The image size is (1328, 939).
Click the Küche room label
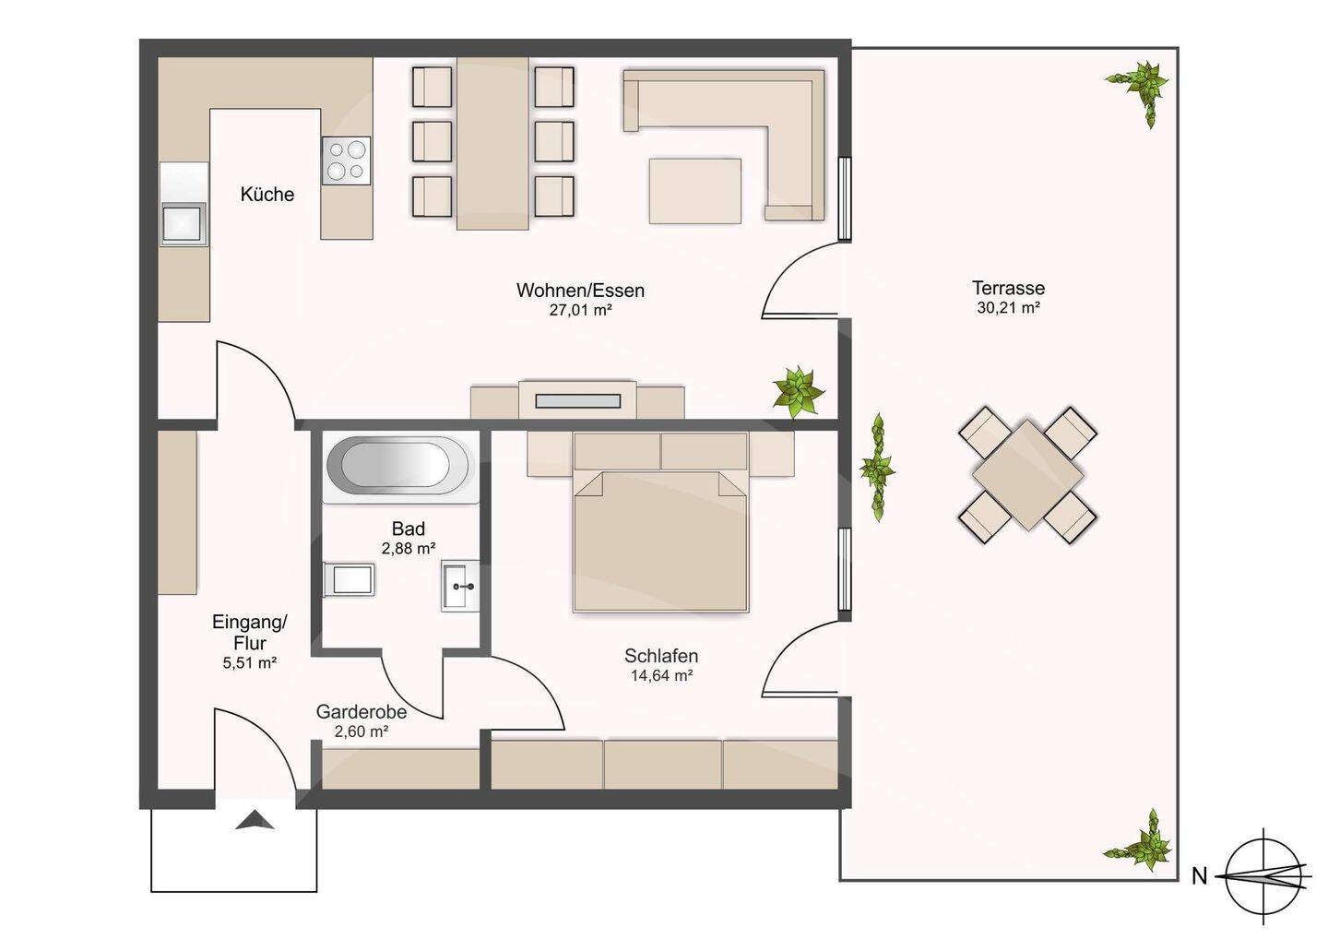coord(267,195)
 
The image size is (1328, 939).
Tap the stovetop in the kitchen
coord(347,160)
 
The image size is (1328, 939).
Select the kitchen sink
coord(184,224)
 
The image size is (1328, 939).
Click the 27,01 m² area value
coord(580,309)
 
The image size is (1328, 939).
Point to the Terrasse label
coord(1009,288)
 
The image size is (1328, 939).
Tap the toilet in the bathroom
coord(350,578)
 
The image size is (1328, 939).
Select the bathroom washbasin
coord(460,587)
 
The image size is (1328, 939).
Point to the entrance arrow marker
coord(255,820)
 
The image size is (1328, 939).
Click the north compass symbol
coord(1264,875)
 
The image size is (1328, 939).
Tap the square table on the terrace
coord(1028,475)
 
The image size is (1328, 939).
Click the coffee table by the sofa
coord(694,191)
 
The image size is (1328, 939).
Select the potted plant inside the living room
coord(798,391)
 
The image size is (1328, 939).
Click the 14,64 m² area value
coord(661,675)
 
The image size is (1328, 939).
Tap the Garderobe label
coord(362,711)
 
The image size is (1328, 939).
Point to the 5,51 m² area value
coord(250,663)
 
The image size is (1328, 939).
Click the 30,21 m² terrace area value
coord(1009,308)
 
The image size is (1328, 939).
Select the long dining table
coord(492,143)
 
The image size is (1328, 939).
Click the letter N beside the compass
coord(1199,876)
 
